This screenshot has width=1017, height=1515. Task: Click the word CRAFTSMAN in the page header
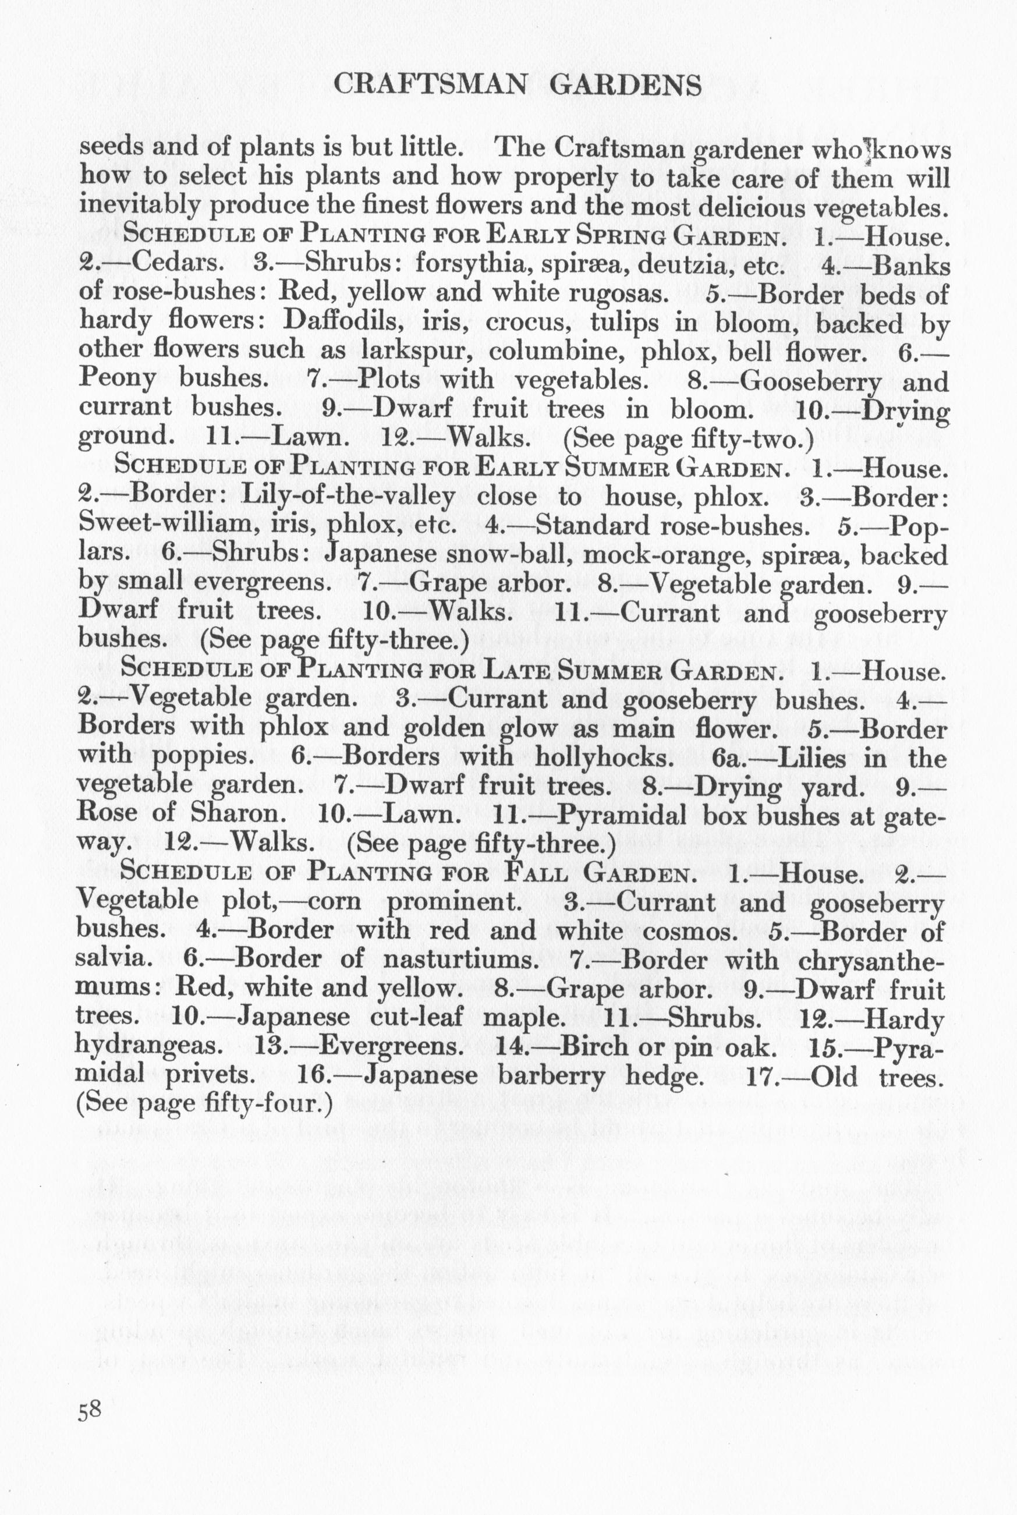[x=428, y=86]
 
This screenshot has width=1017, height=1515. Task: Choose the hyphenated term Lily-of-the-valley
[x=348, y=497]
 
